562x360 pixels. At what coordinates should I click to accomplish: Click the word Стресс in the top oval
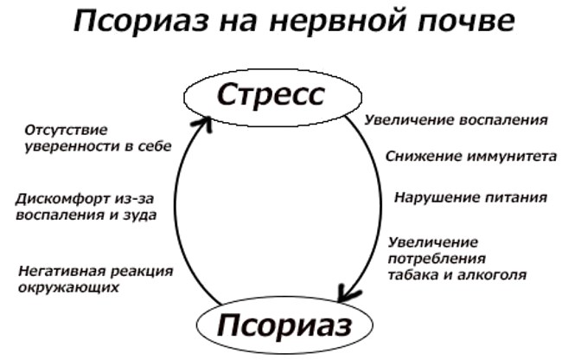271,94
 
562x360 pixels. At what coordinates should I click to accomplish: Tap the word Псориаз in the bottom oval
284,325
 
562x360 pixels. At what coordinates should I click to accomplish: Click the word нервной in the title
338,20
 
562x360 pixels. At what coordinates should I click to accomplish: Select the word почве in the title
466,20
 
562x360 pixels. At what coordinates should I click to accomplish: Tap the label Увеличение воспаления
457,119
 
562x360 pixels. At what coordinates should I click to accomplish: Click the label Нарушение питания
470,197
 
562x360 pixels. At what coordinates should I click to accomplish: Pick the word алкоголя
491,274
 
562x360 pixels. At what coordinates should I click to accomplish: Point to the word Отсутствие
66,130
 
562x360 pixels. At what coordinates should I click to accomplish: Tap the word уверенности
73,146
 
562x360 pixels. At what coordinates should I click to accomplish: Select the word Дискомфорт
63,199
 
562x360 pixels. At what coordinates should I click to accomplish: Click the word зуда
141,215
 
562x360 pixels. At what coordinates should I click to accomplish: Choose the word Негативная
61,271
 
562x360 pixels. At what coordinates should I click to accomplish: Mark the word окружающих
68,287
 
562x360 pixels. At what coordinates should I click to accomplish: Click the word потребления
437,259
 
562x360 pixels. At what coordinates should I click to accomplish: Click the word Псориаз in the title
142,20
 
